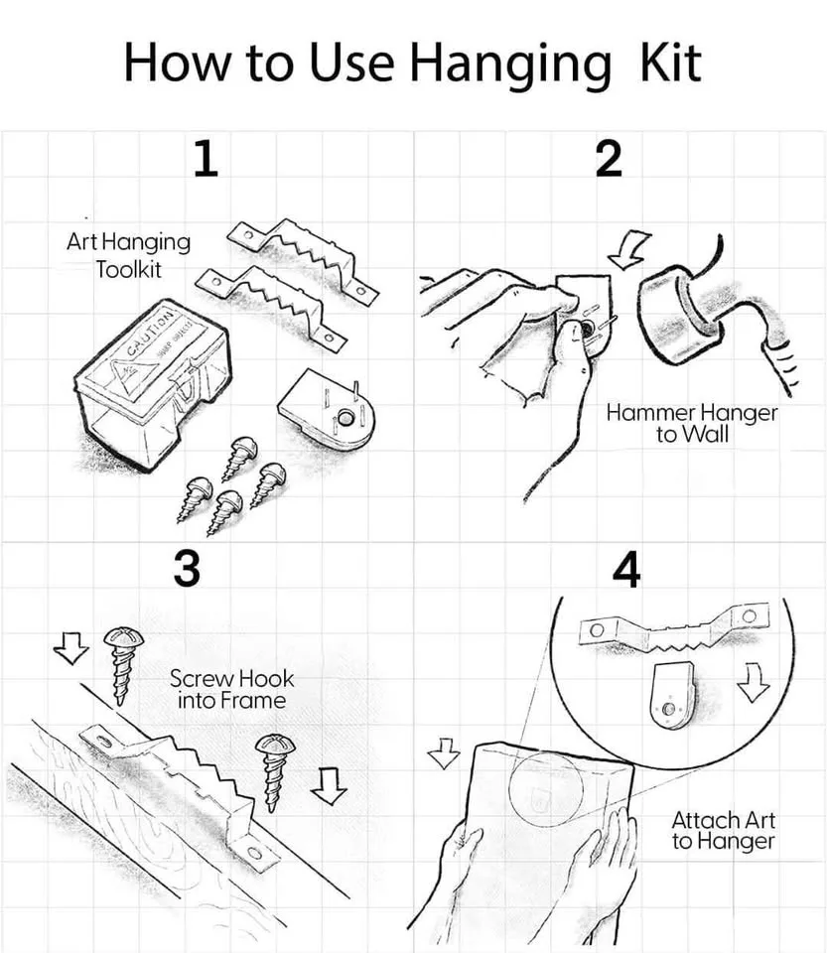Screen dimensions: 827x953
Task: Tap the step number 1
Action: tap(206, 159)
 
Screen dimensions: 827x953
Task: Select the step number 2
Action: tap(609, 159)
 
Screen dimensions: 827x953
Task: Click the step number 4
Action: tap(625, 570)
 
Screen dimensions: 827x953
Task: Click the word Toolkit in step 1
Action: tap(128, 269)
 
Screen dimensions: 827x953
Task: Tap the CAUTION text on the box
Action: tap(150, 334)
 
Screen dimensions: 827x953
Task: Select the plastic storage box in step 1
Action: tap(152, 383)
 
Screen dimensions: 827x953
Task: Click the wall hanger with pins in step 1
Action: tap(327, 409)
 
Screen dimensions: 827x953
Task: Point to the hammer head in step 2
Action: tap(679, 316)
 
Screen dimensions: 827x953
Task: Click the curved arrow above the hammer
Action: tap(629, 249)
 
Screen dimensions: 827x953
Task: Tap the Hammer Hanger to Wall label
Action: tap(692, 423)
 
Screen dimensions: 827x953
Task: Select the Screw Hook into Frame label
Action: tap(231, 689)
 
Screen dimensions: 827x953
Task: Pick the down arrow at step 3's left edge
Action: tap(70, 648)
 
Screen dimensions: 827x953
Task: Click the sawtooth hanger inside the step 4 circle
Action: tap(673, 626)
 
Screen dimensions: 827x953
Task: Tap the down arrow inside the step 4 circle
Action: tap(753, 683)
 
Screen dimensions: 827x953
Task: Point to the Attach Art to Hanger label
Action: tap(723, 830)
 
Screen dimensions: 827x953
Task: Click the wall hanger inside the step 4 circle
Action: tap(672, 695)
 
